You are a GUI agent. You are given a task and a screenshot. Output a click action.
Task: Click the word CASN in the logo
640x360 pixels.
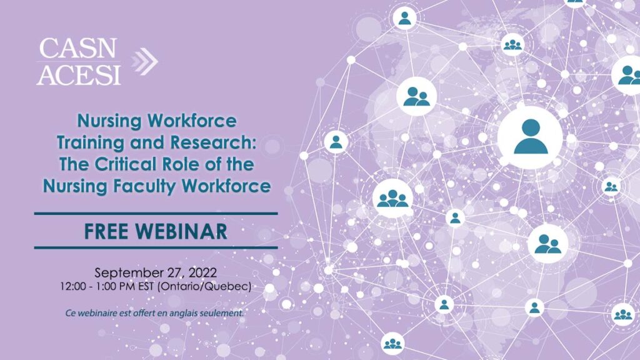pyautogui.click(x=78, y=49)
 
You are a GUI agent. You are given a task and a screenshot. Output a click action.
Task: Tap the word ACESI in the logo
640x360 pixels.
pyautogui.click(x=79, y=74)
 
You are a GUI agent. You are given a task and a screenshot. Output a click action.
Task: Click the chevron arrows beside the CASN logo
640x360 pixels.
pyautogui.click(x=144, y=62)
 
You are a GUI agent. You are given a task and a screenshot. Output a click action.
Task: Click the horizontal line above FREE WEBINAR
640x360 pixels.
pyautogui.click(x=156, y=214)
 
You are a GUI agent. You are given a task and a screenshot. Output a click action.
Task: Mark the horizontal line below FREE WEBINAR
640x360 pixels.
pyautogui.click(x=156, y=247)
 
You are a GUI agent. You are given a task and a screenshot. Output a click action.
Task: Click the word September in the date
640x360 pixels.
pyautogui.click(x=129, y=272)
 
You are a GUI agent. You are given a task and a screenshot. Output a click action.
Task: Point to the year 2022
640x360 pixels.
pyautogui.click(x=203, y=272)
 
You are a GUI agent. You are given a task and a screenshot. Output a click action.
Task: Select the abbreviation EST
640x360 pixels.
pyautogui.click(x=146, y=286)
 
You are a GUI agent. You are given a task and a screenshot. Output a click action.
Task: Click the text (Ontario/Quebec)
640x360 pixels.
pyautogui.click(x=204, y=286)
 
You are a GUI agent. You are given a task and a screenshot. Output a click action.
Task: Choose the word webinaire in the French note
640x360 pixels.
pyautogui.click(x=97, y=314)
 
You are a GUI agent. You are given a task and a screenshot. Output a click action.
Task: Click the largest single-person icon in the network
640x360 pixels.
pyautogui.click(x=530, y=137)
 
